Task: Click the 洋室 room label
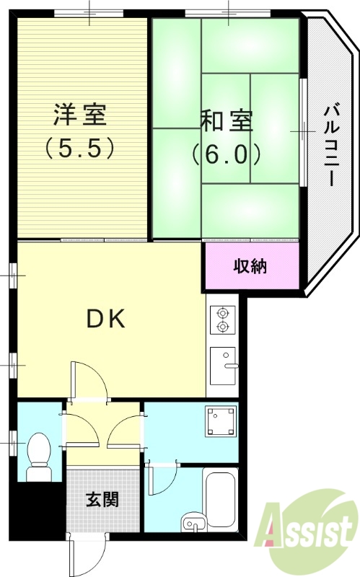point(79,115)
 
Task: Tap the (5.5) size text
point(79,148)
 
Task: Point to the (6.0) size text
point(226,153)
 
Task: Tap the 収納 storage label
point(250,266)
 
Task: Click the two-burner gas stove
point(223,320)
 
